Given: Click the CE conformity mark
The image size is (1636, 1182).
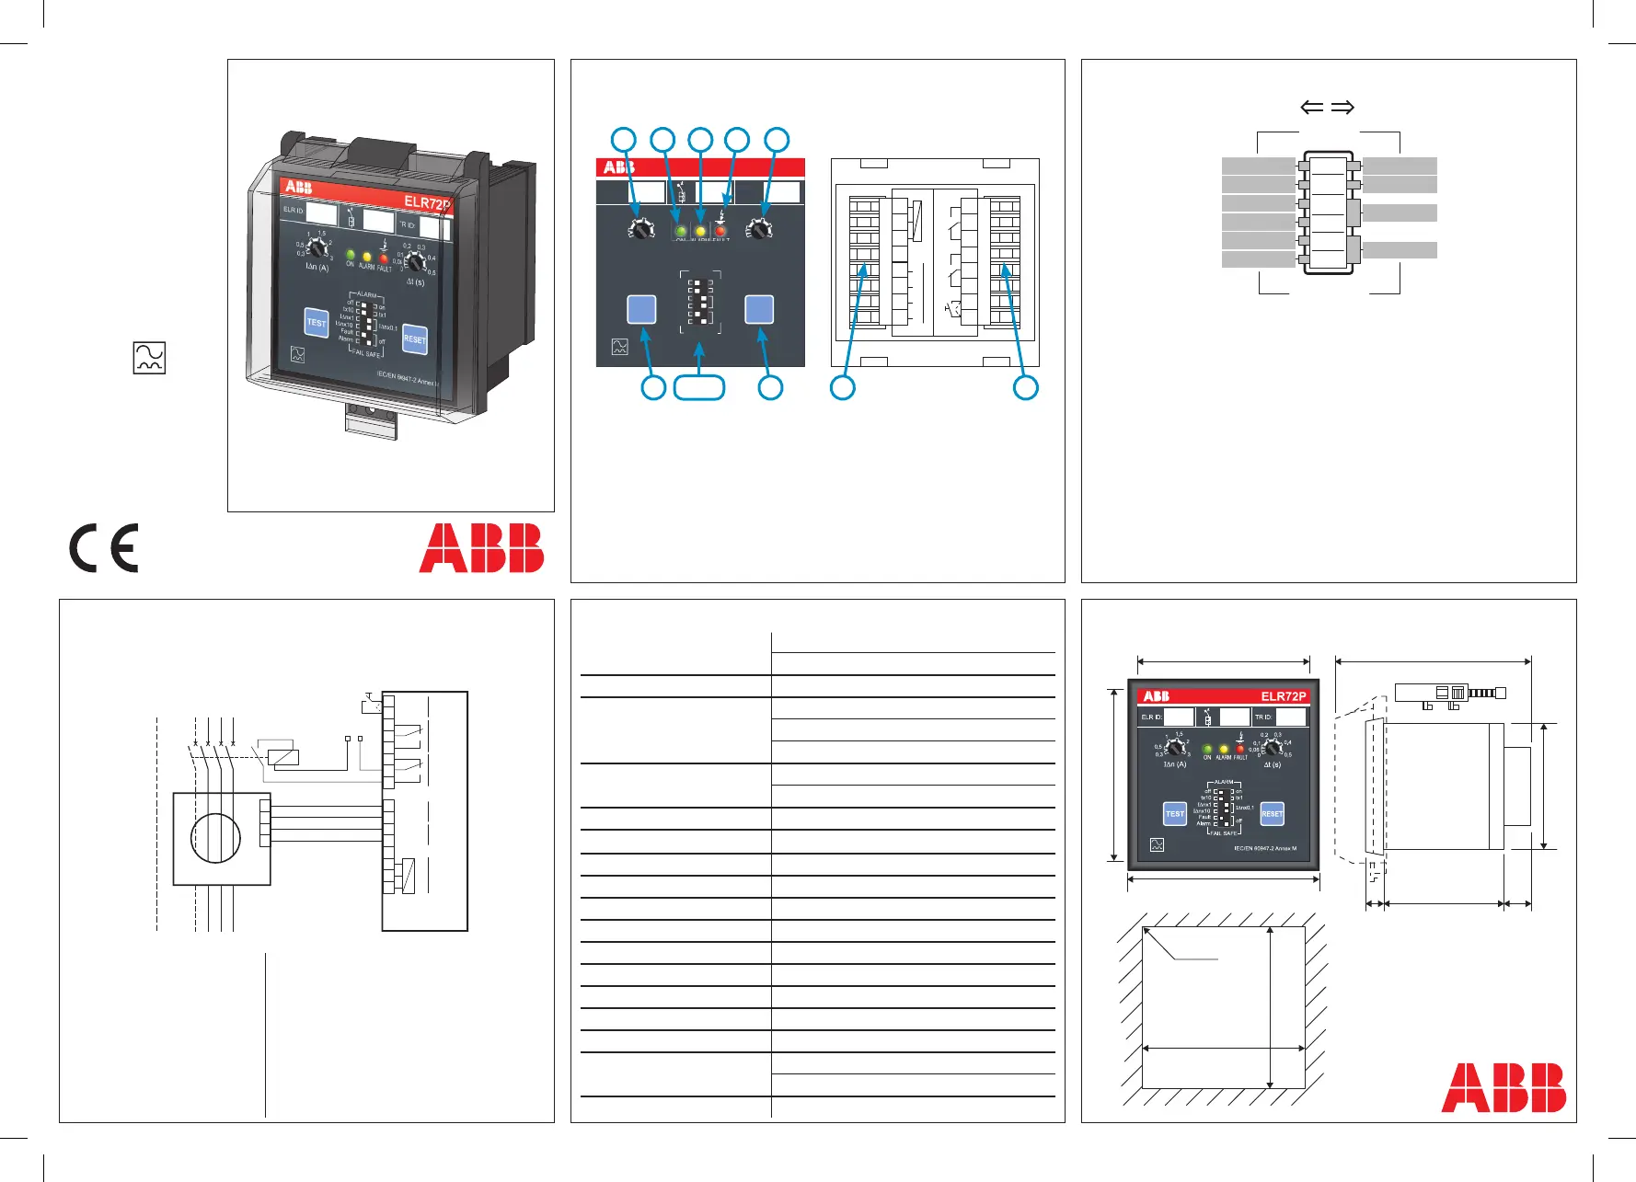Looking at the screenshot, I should coord(104,548).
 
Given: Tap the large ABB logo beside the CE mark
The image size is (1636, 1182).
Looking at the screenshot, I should coord(481,548).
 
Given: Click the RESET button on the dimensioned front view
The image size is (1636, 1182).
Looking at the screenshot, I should coord(1272,813).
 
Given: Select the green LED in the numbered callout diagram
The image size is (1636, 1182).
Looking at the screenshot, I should coord(680,230).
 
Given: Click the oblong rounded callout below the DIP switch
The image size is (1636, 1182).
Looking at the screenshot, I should coord(699,388).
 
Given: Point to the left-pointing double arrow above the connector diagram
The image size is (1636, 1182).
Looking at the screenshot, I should coord(1311,108).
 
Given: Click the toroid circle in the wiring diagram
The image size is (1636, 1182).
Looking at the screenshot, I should coord(215,838).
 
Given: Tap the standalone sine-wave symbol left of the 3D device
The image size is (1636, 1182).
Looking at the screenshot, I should coord(149,358).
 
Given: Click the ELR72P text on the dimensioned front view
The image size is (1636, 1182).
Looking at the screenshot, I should coord(1283,696).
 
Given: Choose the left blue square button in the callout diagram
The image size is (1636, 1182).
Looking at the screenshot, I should coord(641,310).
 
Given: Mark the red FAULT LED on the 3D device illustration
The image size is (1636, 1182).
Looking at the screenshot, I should coord(384,258).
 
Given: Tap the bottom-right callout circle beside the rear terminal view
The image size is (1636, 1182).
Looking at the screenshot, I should coord(1025,388).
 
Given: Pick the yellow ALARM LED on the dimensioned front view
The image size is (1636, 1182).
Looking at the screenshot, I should coord(1224,750).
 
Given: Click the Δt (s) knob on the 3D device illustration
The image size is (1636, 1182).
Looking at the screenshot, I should coord(416,263).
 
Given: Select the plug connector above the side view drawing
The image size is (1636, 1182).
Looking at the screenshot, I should coord(1450,694).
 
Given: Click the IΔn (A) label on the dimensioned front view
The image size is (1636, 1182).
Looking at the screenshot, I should coord(1175,764).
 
